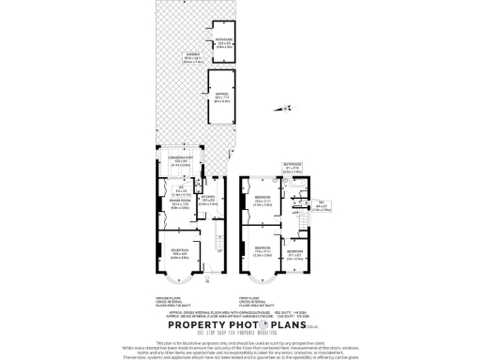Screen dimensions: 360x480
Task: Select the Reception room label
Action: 179,252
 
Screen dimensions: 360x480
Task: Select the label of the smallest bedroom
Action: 294,252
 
